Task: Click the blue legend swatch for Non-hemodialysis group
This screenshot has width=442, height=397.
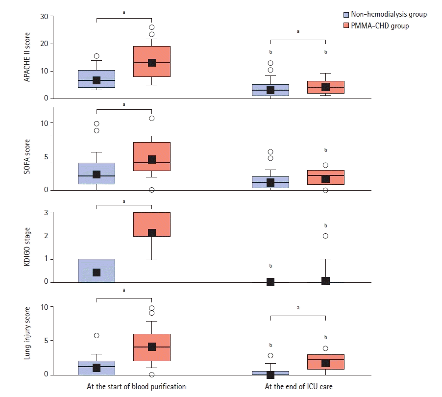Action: [x=345, y=15]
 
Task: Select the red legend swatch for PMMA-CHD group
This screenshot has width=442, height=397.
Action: [x=345, y=25]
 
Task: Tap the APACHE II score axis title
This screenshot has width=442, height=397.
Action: [x=28, y=57]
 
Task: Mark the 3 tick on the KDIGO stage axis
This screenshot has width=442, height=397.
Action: [x=45, y=213]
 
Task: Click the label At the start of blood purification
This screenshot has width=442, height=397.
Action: [x=136, y=387]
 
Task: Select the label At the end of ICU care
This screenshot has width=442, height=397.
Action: [x=298, y=387]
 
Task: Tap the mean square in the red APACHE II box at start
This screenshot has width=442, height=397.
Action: [x=152, y=63]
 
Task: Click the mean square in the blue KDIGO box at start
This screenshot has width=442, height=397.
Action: [x=97, y=273]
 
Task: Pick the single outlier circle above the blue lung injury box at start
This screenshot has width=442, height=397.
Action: [x=97, y=336]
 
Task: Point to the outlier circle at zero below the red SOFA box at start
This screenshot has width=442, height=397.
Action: [x=152, y=190]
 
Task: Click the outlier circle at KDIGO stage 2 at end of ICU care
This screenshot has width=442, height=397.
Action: [x=325, y=236]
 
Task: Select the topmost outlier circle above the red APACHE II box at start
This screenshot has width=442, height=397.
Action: [x=152, y=27]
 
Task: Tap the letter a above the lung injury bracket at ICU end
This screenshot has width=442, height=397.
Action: [x=298, y=308]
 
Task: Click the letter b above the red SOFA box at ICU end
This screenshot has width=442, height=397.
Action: [x=325, y=150]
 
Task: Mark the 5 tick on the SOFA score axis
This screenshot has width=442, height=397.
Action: [x=45, y=157]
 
